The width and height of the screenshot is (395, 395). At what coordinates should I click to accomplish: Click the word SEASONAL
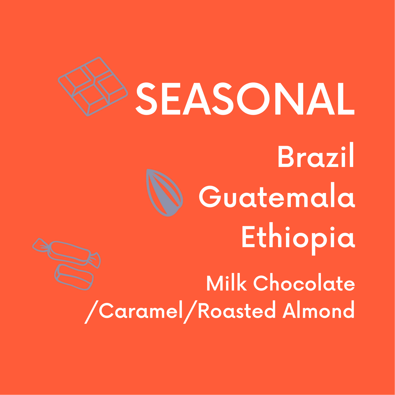[x=245, y=99]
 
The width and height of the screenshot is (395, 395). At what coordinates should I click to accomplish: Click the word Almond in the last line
[x=318, y=311]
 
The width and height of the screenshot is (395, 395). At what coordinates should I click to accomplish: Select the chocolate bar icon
[x=93, y=86]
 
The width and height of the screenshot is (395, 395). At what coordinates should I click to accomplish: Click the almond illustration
[x=164, y=192]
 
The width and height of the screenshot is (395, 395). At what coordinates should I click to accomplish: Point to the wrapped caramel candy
[x=67, y=253]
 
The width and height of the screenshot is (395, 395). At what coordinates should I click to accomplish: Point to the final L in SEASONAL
[x=346, y=99]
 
